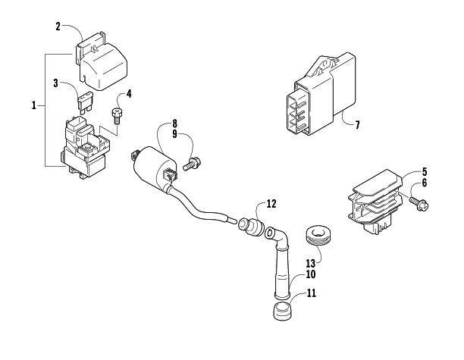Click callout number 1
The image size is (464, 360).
(x=33, y=105)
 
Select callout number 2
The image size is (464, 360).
(x=58, y=27)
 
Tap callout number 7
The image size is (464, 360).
(x=357, y=125)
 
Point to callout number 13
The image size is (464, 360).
(x=311, y=263)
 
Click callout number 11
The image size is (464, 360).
(x=312, y=293)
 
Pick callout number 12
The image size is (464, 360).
(x=271, y=204)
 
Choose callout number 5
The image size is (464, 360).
(x=425, y=171)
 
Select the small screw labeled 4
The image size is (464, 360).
(x=116, y=117)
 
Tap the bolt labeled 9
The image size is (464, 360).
(x=193, y=164)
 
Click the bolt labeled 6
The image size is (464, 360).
(x=419, y=204)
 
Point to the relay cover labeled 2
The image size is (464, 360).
(x=102, y=61)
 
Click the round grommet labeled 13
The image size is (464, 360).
(x=318, y=236)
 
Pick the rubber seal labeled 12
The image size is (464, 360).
(x=251, y=227)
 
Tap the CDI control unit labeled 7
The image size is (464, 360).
(x=321, y=94)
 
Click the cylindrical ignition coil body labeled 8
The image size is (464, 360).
(x=155, y=167)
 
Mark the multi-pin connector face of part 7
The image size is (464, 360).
(x=297, y=113)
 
